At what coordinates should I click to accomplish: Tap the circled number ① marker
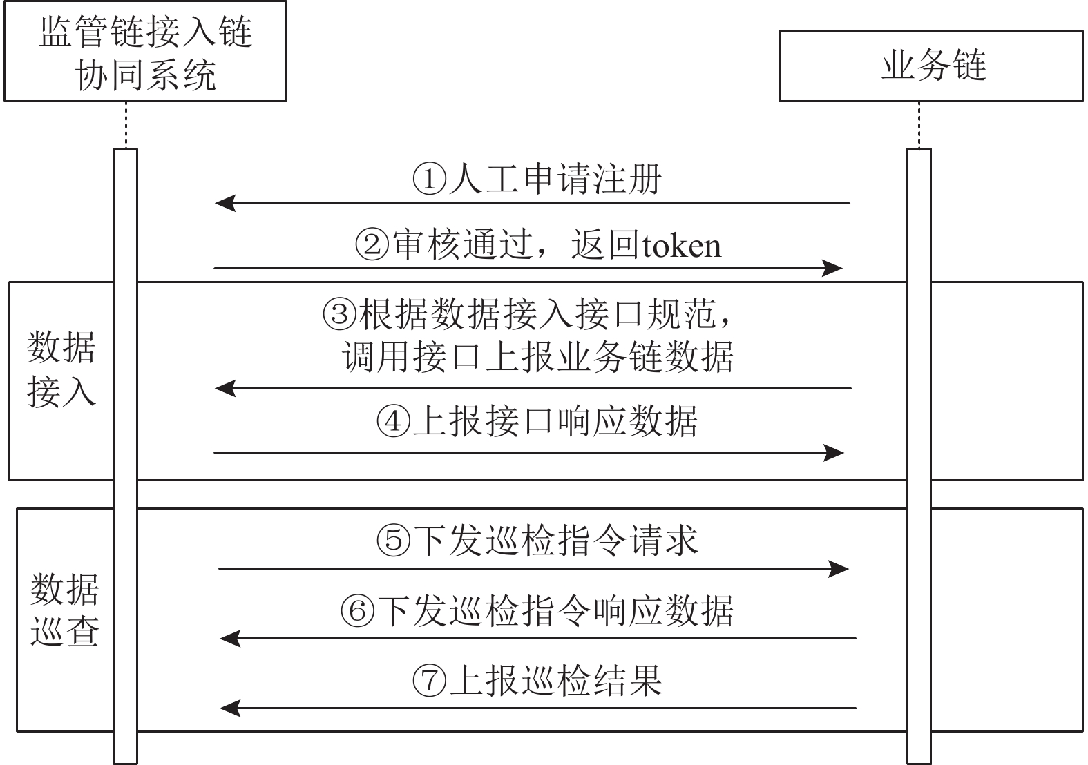click(430, 179)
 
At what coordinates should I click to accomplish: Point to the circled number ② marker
click(372, 244)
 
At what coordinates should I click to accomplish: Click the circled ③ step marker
click(339, 313)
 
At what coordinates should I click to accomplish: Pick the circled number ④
click(394, 421)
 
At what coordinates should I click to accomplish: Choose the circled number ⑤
click(394, 540)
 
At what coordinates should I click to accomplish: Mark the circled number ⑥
click(358, 610)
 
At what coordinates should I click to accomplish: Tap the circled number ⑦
click(430, 680)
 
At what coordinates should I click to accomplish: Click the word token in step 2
click(681, 246)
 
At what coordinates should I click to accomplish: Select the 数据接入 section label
click(61, 369)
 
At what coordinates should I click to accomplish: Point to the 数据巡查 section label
click(65, 610)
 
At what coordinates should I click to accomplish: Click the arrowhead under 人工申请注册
click(225, 203)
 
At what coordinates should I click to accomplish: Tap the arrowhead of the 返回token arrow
click(832, 268)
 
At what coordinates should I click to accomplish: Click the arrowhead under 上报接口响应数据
click(834, 453)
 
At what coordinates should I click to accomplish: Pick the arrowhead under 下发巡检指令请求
click(839, 568)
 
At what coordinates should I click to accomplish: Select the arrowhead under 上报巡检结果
click(230, 708)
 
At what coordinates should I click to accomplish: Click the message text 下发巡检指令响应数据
click(555, 610)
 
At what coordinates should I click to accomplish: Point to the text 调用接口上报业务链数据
click(537, 357)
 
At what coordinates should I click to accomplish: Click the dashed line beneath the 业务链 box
click(919, 125)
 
